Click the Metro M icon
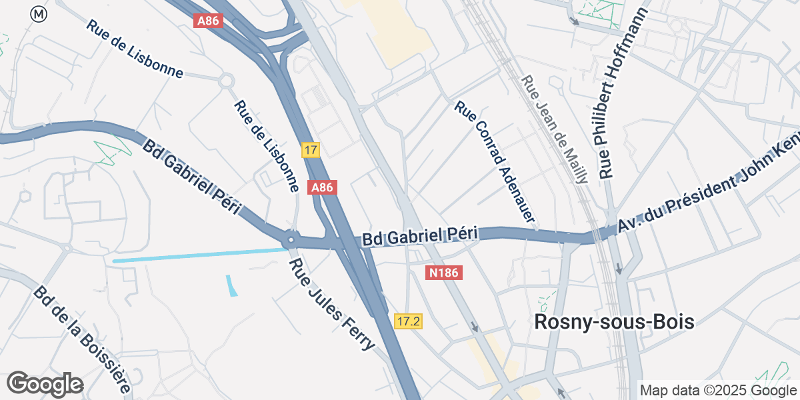(39, 13)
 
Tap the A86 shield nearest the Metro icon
(207, 21)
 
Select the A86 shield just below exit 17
(322, 187)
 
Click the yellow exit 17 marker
(309, 150)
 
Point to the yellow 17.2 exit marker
(408, 321)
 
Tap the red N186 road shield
(445, 272)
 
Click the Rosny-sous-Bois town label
(614, 322)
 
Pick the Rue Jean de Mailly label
(555, 129)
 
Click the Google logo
(45, 384)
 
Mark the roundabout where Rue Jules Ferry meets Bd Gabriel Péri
(290, 239)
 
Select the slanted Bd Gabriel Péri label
(191, 177)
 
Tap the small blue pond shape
(231, 285)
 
